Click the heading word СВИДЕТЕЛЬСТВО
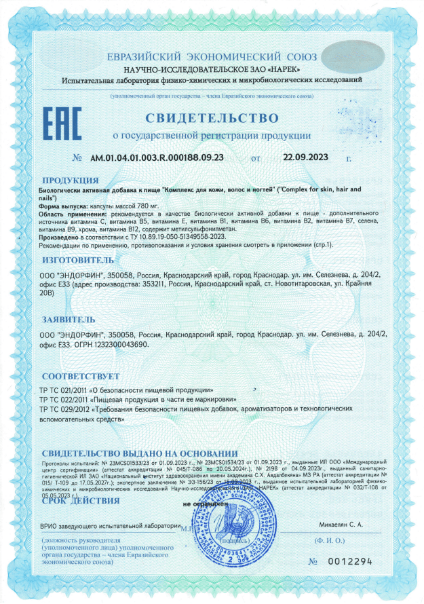point(212,118)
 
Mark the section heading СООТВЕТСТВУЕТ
point(81,376)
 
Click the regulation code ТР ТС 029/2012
point(68,410)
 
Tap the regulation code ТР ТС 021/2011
point(68,391)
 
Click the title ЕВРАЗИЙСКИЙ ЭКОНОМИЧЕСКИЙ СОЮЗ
point(212,57)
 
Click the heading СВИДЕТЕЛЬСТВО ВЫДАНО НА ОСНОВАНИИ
point(139,453)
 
